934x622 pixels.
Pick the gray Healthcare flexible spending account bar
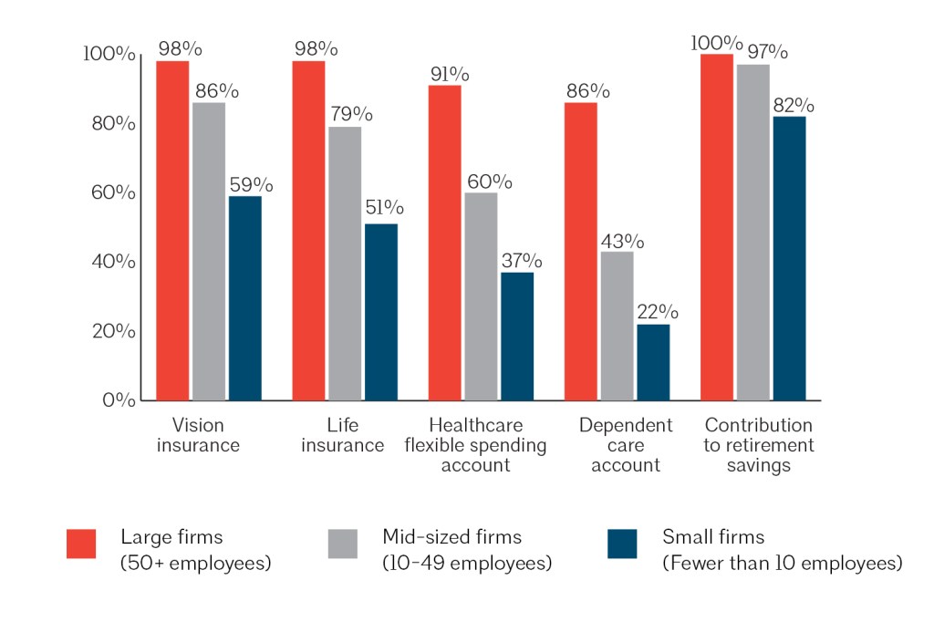point(481,295)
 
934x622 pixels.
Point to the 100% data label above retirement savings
point(717,42)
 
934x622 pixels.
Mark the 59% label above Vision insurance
point(245,184)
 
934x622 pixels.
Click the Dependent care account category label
point(626,445)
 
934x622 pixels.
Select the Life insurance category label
point(343,436)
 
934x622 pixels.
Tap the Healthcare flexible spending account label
point(475,445)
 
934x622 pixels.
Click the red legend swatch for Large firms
point(82,544)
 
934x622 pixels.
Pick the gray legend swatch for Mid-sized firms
point(343,544)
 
